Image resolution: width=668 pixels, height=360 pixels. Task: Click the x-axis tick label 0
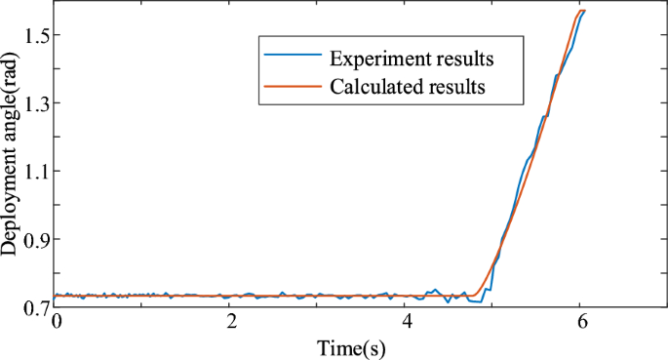56,321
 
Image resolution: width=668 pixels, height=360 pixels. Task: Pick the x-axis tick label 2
230,321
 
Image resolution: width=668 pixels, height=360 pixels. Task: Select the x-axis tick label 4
406,321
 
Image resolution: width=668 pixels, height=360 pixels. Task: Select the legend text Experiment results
411,58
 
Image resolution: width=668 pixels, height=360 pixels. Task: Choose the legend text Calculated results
408,86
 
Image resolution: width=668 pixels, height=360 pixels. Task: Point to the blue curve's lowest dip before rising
478,302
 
